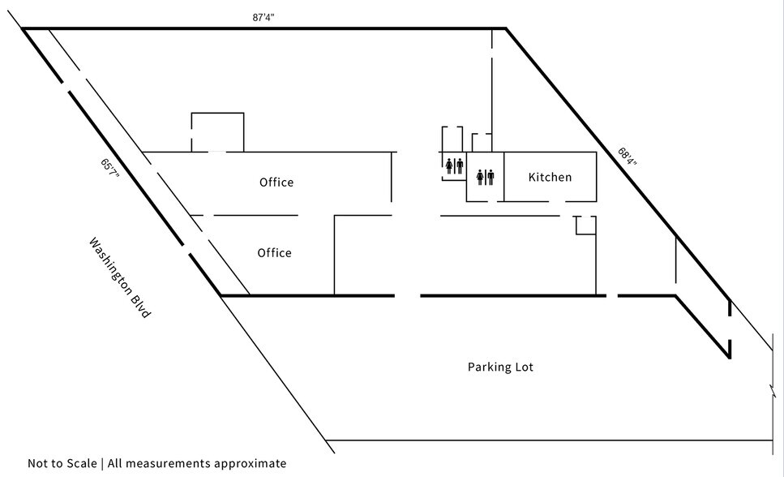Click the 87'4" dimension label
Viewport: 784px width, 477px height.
(263, 18)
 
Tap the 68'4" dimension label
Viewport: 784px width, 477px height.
(628, 157)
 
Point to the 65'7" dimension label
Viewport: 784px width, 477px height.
(110, 170)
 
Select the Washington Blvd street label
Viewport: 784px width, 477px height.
(119, 277)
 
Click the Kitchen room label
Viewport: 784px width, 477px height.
(550, 177)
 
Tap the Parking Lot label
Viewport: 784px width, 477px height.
(500, 367)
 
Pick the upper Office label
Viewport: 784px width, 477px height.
(276, 183)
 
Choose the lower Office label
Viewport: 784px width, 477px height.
(275, 253)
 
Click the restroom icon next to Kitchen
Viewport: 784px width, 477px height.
(486, 177)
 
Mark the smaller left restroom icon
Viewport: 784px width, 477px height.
(455, 165)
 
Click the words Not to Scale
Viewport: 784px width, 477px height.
(62, 463)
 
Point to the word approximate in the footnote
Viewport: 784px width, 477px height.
(250, 464)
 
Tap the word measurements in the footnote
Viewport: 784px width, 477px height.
(168, 463)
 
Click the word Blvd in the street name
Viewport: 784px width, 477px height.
(140, 305)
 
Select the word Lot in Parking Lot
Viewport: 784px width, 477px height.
(524, 367)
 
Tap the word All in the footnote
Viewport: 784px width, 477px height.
(114, 463)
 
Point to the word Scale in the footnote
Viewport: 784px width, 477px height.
(82, 463)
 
